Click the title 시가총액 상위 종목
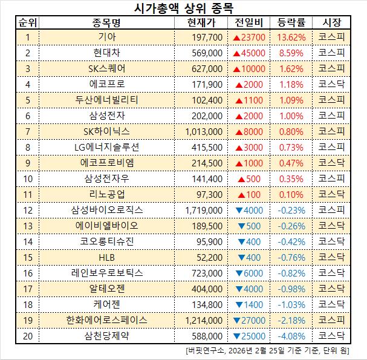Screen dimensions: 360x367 coord(183,8)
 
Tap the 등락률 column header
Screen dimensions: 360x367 coord(291,23)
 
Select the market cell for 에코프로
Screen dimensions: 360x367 coord(332,84)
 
